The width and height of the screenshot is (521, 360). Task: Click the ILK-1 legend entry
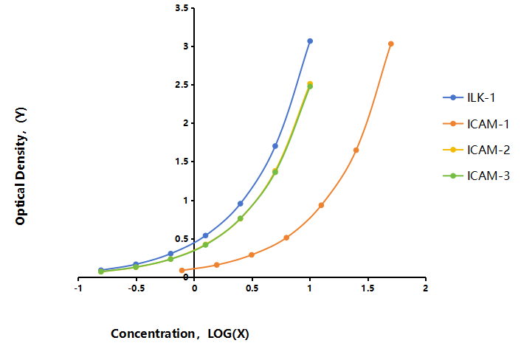click(469, 97)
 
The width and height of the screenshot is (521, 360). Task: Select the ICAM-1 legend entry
click(476, 124)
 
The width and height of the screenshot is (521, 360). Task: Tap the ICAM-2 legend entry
click(476, 150)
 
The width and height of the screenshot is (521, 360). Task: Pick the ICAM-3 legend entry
click(476, 176)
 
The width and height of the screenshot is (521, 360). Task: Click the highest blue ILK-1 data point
click(310, 41)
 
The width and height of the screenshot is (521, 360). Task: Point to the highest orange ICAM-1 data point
click(391, 44)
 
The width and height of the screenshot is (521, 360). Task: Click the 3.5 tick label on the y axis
click(182, 8)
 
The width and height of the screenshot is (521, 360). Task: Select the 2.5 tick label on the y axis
click(182, 85)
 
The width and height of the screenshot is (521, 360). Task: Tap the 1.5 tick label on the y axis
click(182, 162)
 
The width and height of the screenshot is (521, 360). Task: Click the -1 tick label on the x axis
click(78, 288)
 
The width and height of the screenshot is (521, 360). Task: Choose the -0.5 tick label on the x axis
click(137, 288)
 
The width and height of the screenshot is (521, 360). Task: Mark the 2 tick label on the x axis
click(425, 288)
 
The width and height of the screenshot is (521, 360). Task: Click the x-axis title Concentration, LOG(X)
click(180, 333)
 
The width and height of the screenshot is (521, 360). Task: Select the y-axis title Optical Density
click(21, 166)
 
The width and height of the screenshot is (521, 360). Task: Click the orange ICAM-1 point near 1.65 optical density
click(356, 150)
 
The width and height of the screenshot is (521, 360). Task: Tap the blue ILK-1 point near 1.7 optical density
click(275, 146)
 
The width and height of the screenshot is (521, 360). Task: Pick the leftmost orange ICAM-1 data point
click(182, 270)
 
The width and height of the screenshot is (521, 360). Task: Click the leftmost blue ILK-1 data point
click(101, 270)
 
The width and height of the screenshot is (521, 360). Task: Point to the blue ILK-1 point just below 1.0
click(241, 204)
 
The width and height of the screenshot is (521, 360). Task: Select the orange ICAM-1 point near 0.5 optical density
click(286, 238)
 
